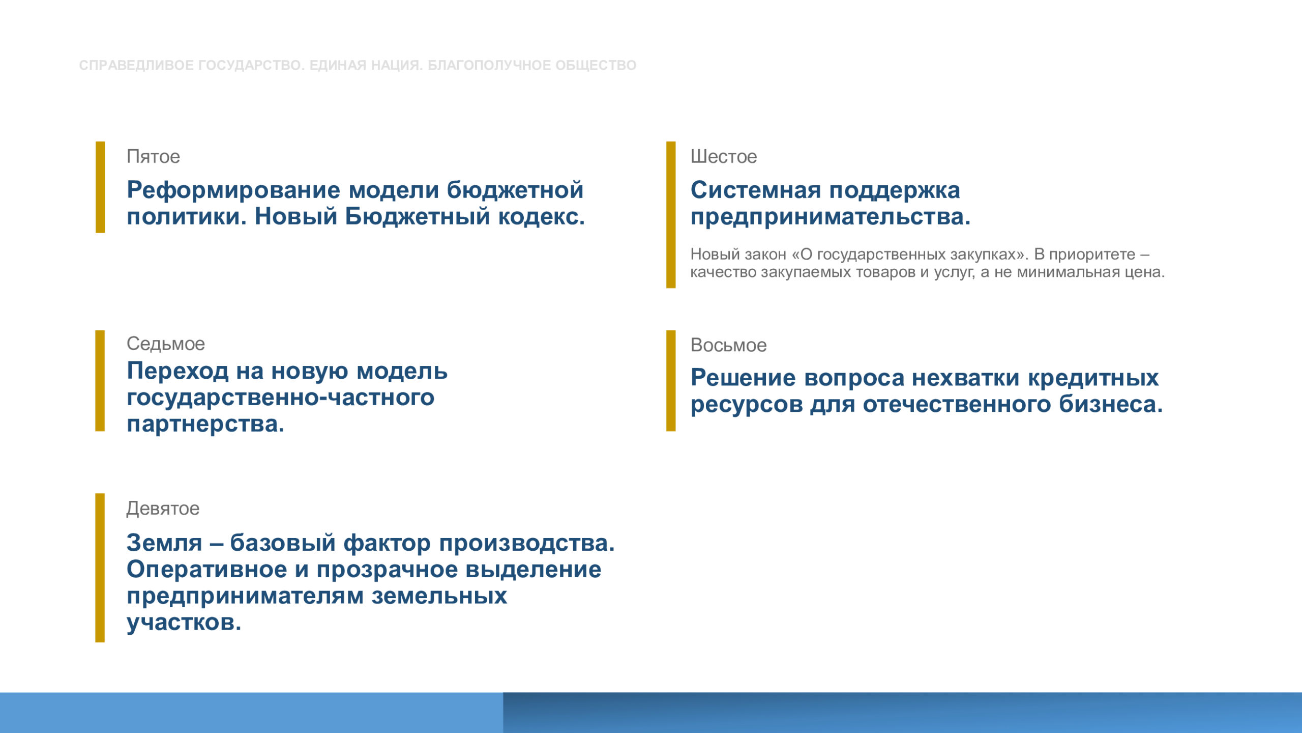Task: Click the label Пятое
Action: coord(153,156)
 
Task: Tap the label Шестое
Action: coord(723,156)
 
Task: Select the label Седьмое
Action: coord(166,344)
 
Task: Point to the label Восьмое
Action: coord(728,345)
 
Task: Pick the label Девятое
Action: coord(163,509)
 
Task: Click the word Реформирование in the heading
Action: coord(233,190)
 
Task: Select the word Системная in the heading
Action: coord(756,190)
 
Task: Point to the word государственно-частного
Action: coord(281,397)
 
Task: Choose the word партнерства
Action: coord(205,425)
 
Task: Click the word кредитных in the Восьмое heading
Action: coord(1093,378)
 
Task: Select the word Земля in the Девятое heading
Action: coord(164,543)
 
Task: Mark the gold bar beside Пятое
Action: coord(100,187)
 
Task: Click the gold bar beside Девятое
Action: coord(100,568)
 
